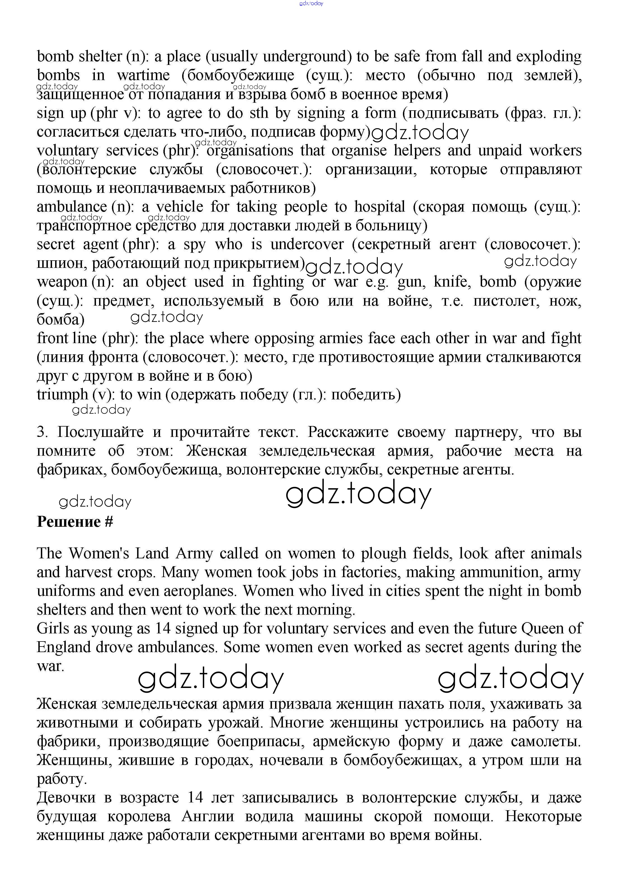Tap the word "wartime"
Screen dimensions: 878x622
(x=143, y=76)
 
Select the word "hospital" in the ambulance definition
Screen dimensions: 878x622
(x=379, y=207)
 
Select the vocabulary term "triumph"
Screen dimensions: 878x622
(x=62, y=395)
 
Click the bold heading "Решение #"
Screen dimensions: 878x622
(x=75, y=522)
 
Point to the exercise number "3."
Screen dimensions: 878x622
(x=42, y=432)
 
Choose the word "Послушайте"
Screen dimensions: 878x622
(x=100, y=432)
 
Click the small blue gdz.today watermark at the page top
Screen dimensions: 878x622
(x=311, y=3)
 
